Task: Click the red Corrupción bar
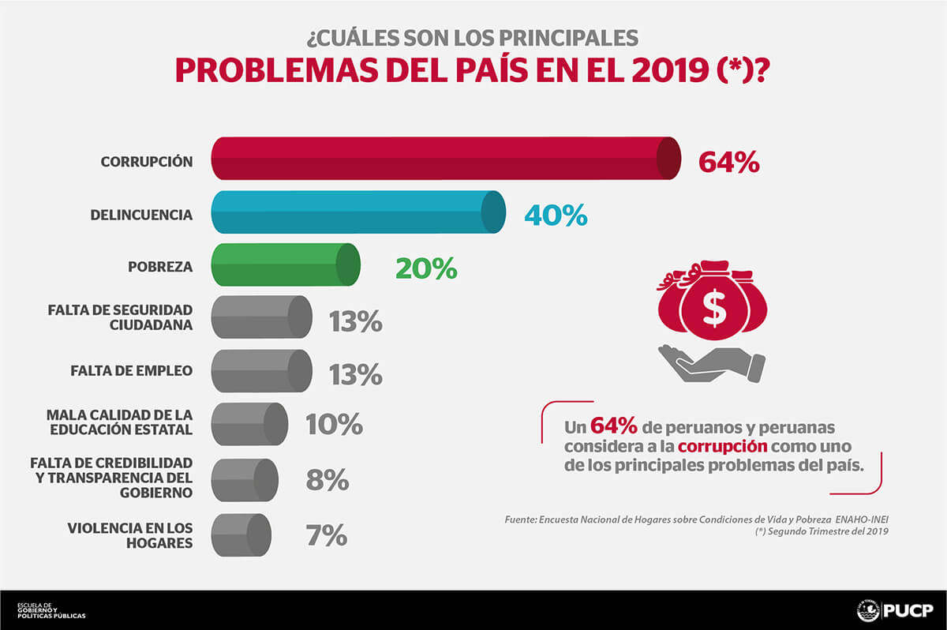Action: pyautogui.click(x=442, y=158)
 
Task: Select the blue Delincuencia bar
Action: pyautogui.click(x=355, y=212)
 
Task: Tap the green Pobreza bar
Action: pyautogui.click(x=284, y=264)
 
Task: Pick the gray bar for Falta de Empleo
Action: pyautogui.click(x=260, y=371)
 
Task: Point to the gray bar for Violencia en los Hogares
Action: pyautogui.click(x=241, y=534)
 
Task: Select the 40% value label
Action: pyautogui.click(x=556, y=215)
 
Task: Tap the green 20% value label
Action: pyautogui.click(x=426, y=268)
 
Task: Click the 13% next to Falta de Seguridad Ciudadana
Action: pyautogui.click(x=355, y=321)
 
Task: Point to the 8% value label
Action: pyautogui.click(x=327, y=480)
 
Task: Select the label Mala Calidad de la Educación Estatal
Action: pyautogui.click(x=119, y=422)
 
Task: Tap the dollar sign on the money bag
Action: pyautogui.click(x=714, y=309)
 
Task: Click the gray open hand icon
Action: pyautogui.click(x=710, y=363)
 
